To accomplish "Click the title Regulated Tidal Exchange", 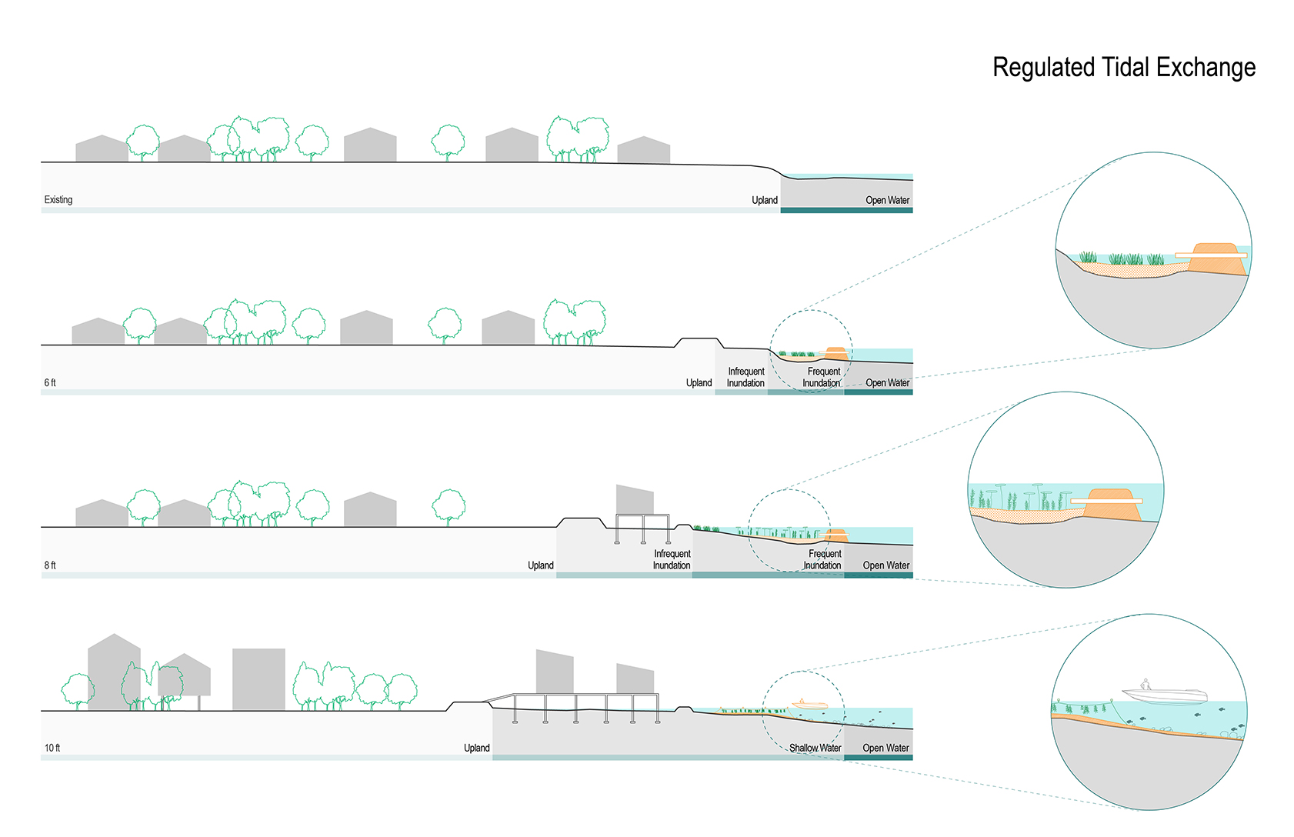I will point(1123,68).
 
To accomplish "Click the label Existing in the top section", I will point(58,200).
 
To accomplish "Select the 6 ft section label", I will point(50,383).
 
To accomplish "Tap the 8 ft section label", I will point(50,565).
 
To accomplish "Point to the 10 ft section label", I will point(52,748).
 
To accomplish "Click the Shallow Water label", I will point(815,748).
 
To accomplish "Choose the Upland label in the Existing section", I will point(765,200).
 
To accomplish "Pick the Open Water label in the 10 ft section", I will point(885,748).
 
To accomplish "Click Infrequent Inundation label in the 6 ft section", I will point(745,377).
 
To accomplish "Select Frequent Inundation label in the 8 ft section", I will point(824,559).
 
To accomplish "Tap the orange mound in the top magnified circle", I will point(1217,258).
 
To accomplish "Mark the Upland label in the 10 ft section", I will point(476,748).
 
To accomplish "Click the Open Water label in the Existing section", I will point(887,200).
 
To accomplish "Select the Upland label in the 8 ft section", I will point(540,565).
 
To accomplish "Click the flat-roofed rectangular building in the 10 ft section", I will point(258,679).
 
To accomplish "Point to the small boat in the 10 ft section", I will point(809,704).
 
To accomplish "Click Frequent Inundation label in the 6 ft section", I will point(822,377).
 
